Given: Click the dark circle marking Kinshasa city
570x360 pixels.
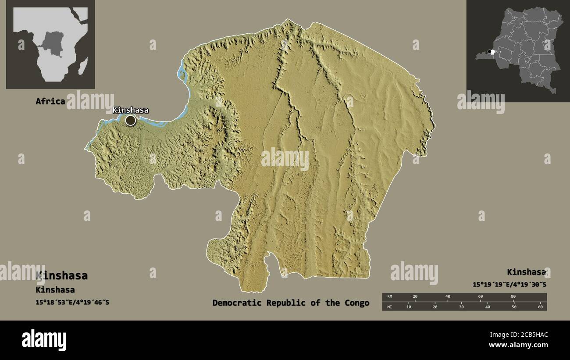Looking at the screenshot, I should point(131,120).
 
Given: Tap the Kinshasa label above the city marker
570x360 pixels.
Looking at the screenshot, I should point(130,110).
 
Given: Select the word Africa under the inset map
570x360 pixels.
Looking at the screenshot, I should point(50,101).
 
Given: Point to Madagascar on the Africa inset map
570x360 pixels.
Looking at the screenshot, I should point(82,67).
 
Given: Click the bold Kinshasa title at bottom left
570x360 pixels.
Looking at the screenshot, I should point(62,275).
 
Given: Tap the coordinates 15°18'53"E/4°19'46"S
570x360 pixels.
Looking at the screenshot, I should point(72,302).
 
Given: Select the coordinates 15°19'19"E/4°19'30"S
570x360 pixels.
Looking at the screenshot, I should point(509,284).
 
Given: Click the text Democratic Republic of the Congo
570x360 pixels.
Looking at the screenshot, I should point(291,303).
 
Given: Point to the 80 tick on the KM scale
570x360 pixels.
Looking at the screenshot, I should point(513,297).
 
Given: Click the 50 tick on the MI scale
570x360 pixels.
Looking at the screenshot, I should point(514,307).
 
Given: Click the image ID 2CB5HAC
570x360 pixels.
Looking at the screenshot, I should point(518,335).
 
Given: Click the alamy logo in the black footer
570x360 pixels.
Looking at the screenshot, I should point(44,340).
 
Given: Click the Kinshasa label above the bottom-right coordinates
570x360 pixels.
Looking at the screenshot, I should point(527,272).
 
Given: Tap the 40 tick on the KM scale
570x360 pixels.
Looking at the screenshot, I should point(448,297).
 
